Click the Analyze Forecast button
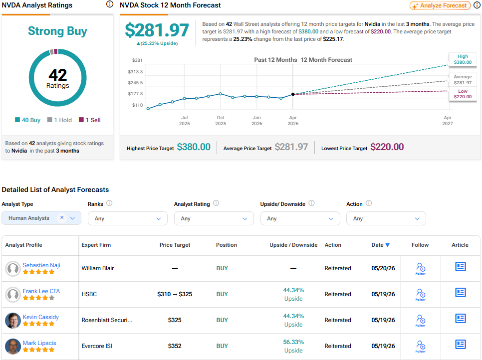(x=440, y=5)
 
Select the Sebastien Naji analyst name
(x=41, y=265)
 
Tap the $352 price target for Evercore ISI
(x=175, y=346)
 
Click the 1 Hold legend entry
(x=60, y=120)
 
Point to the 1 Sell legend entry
(x=90, y=120)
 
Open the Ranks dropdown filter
(x=128, y=218)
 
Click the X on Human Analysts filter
(x=62, y=217)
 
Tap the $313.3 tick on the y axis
(x=135, y=72)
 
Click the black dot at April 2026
(x=293, y=94)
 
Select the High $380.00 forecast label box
(x=463, y=59)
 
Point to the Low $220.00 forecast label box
(x=463, y=94)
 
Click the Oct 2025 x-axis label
(x=221, y=120)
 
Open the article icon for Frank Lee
(x=461, y=292)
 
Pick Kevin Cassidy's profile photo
(x=13, y=321)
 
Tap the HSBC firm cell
(x=89, y=294)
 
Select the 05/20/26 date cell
(x=383, y=268)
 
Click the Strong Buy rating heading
(x=57, y=31)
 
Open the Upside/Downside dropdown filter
(x=300, y=218)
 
